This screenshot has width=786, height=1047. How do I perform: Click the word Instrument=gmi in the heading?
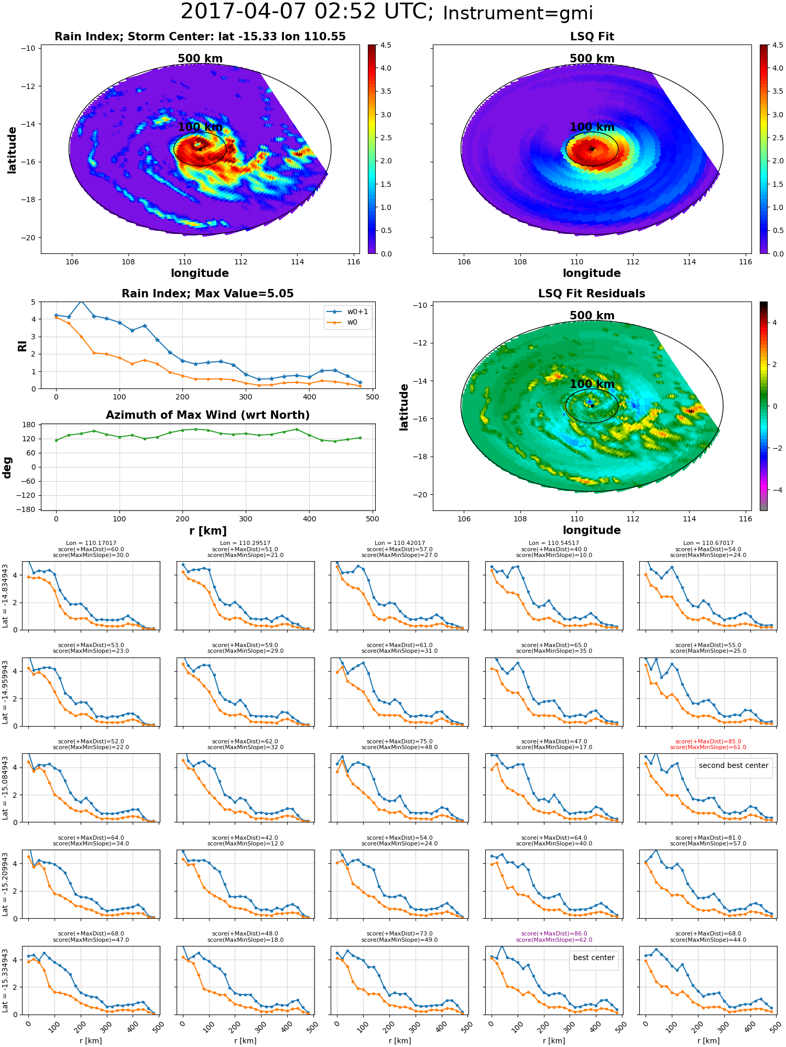518,14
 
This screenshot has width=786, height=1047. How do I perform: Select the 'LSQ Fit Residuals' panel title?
592,294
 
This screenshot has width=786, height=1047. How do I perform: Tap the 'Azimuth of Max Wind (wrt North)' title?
208,415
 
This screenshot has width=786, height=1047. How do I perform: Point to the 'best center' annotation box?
594,957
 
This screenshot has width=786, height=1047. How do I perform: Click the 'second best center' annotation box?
734,765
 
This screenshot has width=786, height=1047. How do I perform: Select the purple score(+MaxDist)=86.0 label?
554,933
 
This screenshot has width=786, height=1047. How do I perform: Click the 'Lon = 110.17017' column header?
91,543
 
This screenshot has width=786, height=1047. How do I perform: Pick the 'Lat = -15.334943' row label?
5,981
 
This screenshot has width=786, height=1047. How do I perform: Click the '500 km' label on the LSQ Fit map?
592,59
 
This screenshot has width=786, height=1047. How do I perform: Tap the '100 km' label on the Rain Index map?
200,127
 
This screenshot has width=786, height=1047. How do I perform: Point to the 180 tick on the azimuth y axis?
29,425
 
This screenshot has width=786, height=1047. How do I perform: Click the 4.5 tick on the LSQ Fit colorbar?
778,46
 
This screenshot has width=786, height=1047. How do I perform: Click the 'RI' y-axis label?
22,346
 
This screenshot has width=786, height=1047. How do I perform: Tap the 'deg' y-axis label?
7,467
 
